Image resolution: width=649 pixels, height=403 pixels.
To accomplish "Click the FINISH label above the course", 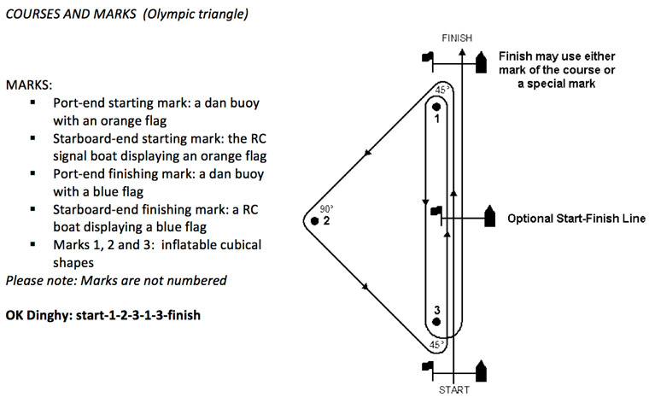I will tap(457, 38).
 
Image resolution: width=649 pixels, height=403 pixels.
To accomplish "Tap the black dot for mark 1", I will tap(436, 107).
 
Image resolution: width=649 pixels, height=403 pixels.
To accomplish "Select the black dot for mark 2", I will tap(315, 220).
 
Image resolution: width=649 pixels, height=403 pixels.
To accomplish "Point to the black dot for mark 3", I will tap(436, 323).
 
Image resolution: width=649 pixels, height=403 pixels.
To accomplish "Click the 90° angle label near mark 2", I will tap(325, 207).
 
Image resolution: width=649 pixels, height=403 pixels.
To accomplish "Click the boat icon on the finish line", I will tap(482, 59).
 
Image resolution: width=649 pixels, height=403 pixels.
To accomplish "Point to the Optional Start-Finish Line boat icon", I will tap(490, 217).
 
